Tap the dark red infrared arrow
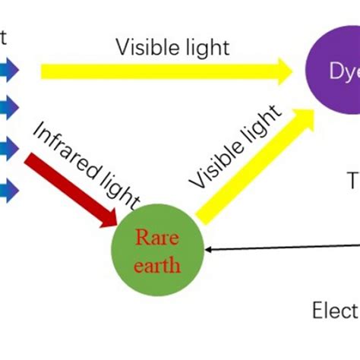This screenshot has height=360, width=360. point(68,187)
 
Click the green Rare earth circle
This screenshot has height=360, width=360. point(158,250)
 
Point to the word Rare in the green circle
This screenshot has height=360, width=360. point(157,238)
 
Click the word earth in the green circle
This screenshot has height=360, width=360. point(158,265)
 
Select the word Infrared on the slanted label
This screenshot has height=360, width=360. point(61,148)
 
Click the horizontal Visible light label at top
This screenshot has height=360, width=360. point(172,47)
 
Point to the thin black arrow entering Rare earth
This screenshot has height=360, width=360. point(281,246)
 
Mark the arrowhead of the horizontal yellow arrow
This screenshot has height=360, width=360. point(283,71)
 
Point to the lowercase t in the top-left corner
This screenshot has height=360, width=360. point(4,36)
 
